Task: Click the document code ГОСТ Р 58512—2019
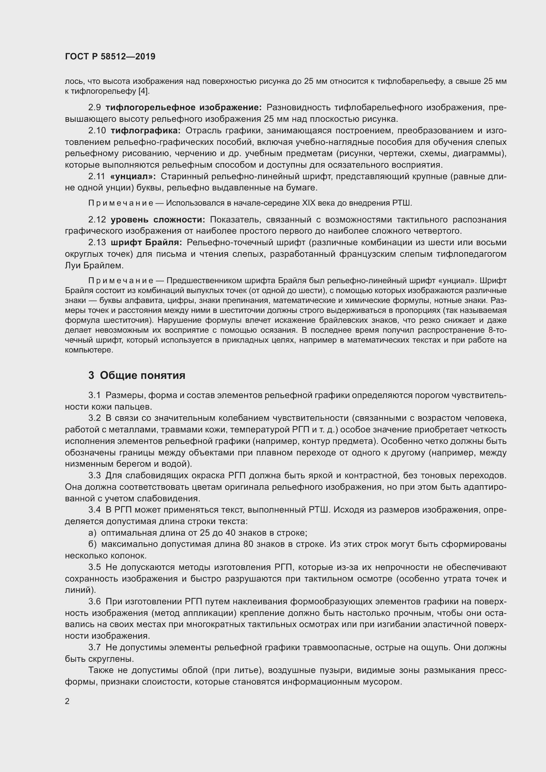110,56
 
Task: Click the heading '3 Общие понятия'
137,375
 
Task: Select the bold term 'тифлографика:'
146,130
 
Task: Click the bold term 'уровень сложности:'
158,219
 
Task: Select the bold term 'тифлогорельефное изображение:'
184,108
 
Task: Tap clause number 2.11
96,177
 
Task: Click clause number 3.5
94,567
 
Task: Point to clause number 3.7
94,647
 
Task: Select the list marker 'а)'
92,533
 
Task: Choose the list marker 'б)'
92,544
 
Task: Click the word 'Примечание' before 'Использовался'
121,203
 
